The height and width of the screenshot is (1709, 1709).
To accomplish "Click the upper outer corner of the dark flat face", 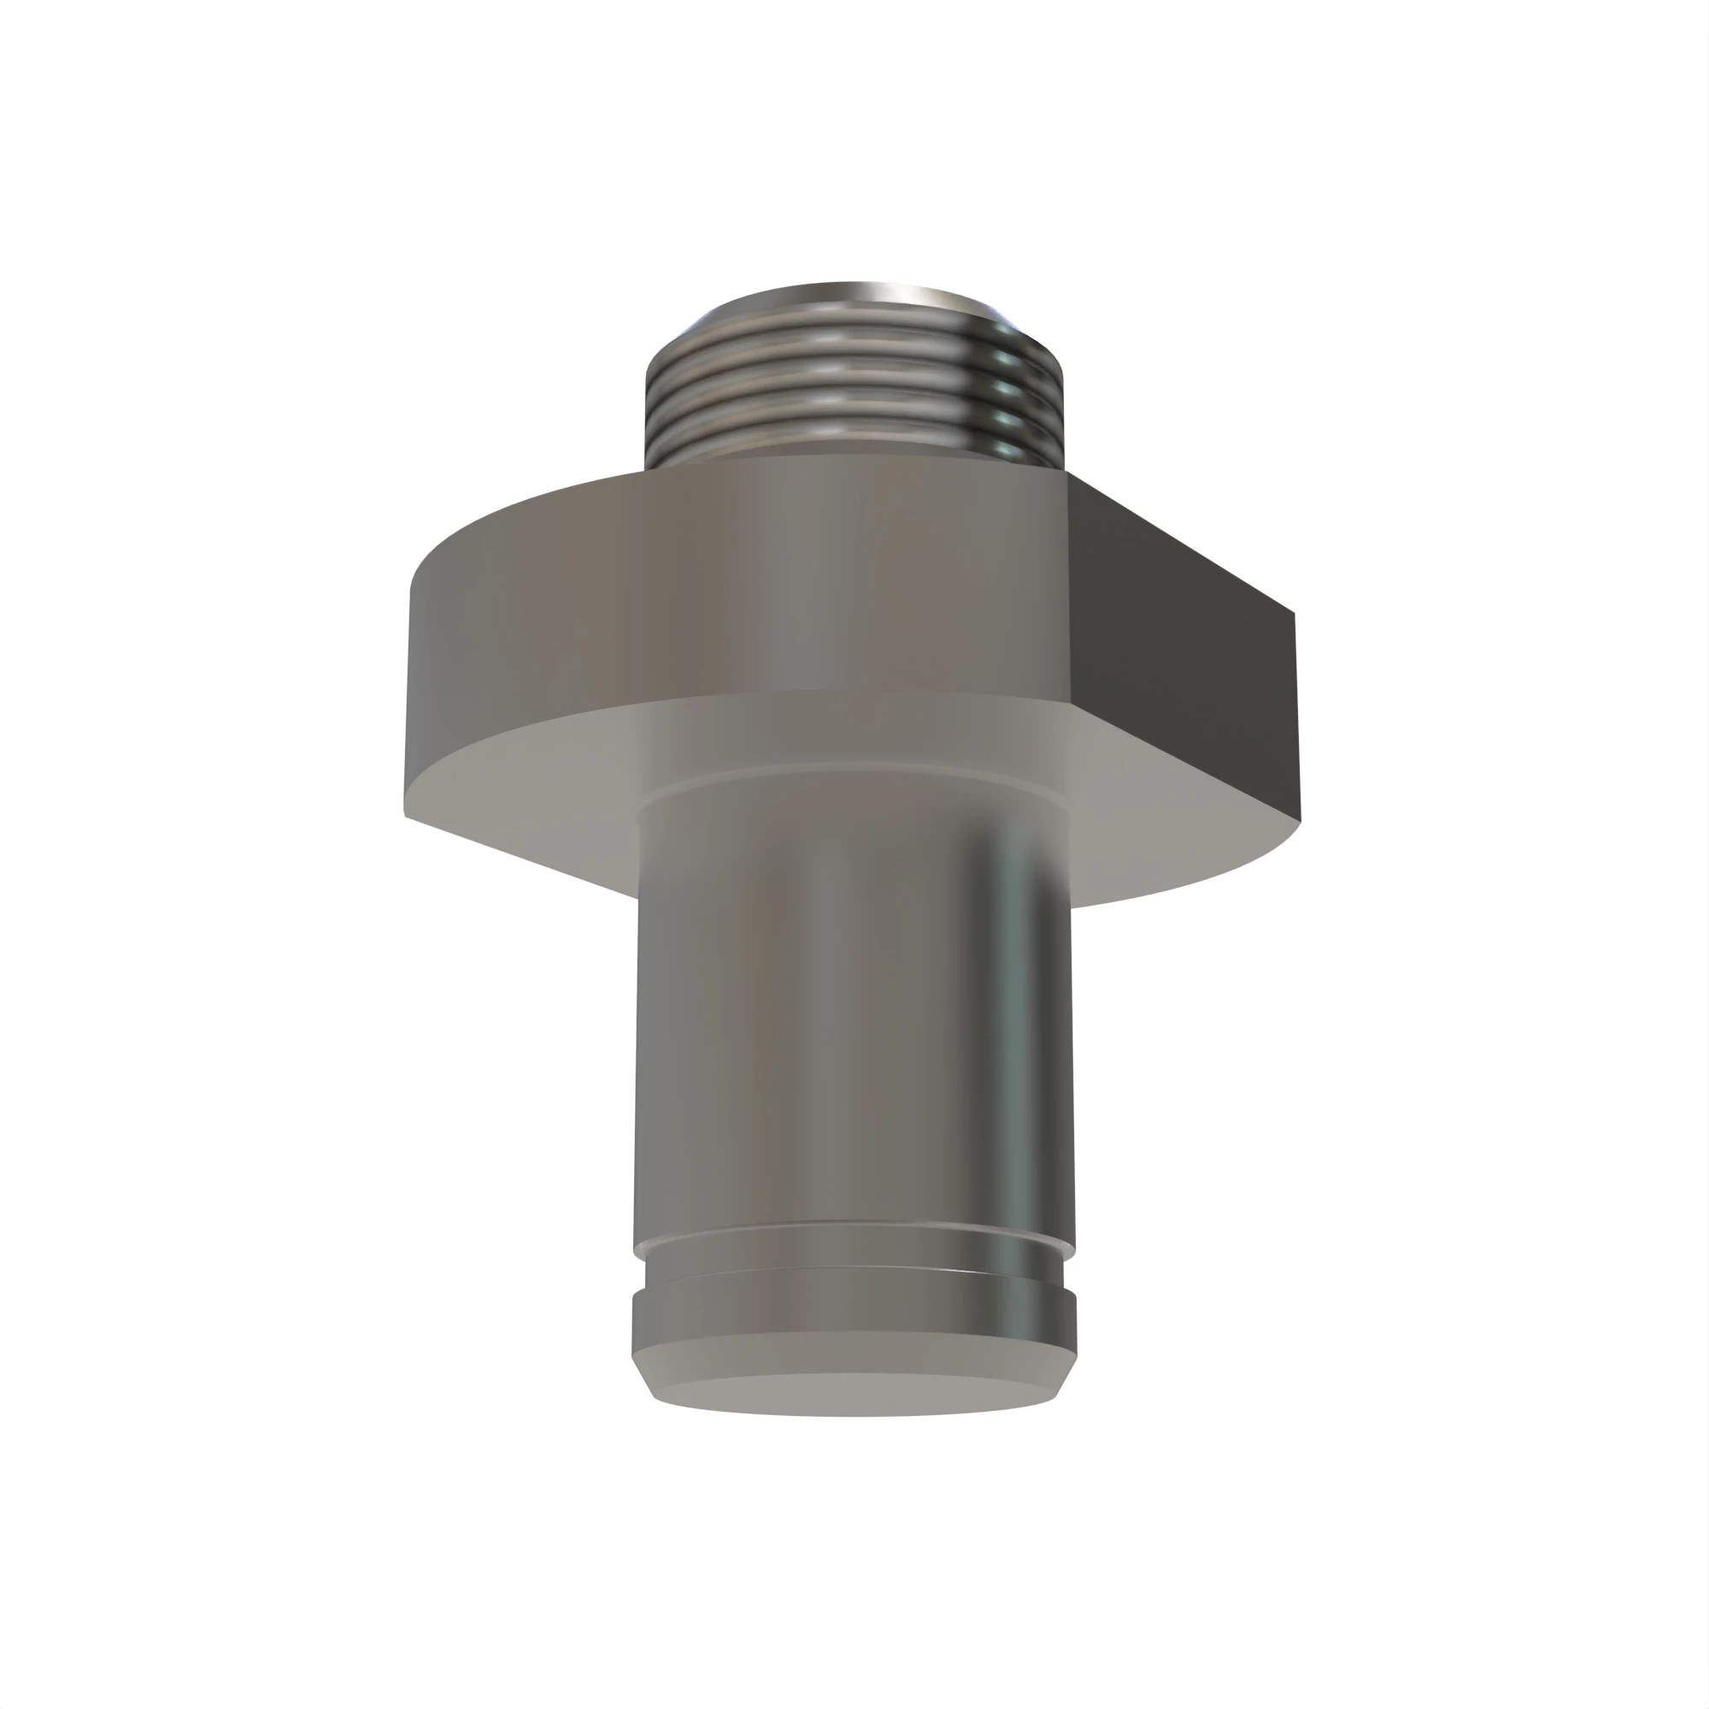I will pos(1294,612).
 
